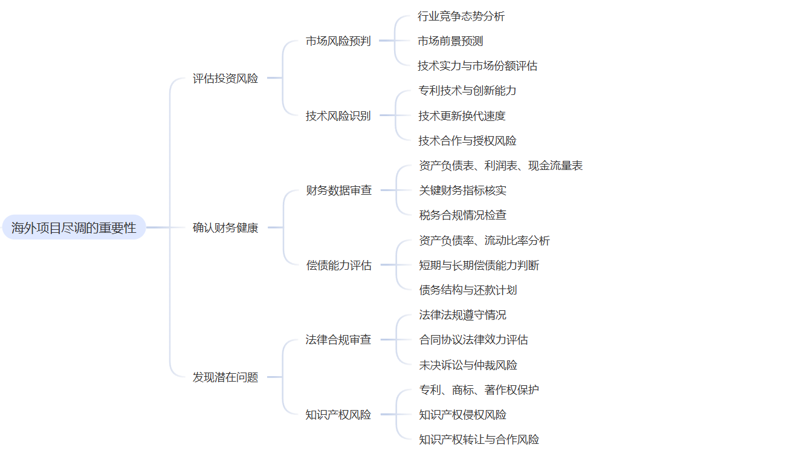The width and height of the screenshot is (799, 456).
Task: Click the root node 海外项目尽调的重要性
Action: pos(74,228)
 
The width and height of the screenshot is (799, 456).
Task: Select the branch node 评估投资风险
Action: pos(225,79)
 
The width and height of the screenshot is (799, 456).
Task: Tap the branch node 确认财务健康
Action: pos(225,228)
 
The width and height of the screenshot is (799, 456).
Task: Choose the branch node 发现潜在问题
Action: pos(225,377)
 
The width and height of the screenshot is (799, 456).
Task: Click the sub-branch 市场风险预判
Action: pos(338,41)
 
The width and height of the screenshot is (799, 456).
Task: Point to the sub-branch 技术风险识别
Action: pos(338,116)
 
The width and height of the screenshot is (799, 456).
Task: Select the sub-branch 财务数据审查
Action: pos(338,191)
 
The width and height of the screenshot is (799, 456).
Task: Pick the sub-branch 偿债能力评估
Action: pos(338,265)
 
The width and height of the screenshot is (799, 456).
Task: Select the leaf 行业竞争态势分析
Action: pos(461,16)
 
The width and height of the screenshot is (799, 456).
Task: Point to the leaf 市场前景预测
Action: pos(450,41)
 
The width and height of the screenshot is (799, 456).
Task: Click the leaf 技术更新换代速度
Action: pos(461,116)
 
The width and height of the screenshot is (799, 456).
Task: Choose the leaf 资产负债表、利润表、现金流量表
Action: pos(500,166)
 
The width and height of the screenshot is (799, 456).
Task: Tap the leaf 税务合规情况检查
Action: pos(462,215)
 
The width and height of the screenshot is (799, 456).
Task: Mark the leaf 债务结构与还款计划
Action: pos(468,290)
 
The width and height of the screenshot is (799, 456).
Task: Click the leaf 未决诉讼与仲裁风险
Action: pos(468,365)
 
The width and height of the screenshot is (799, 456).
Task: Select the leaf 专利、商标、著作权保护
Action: pos(479,390)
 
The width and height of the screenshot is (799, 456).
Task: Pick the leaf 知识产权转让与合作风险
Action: pos(479,440)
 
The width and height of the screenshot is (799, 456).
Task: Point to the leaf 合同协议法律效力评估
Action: pos(473,340)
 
